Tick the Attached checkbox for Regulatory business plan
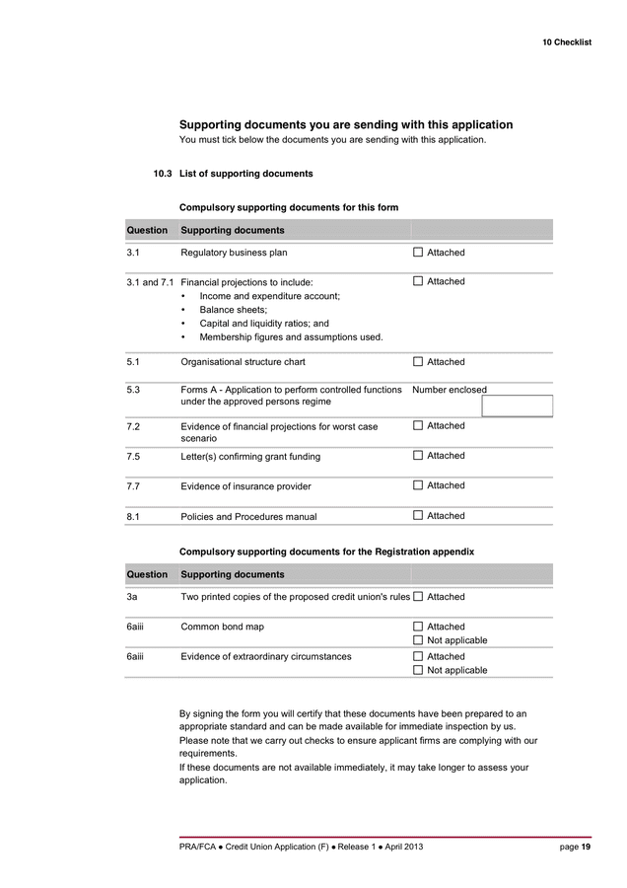pos(418,253)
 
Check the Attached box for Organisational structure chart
pos(418,362)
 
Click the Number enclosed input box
pos(517,406)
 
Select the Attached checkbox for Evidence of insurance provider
pos(418,485)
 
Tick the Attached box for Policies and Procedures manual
pos(418,515)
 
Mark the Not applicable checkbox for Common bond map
pos(418,640)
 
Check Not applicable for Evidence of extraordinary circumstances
pos(418,670)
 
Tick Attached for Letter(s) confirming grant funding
pos(418,456)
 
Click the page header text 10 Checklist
pos(566,42)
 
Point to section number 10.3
pos(162,174)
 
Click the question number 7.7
pos(133,486)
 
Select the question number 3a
pos(132,597)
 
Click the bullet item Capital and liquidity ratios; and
pos(263,324)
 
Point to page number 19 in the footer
pos(586,848)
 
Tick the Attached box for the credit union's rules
pos(418,597)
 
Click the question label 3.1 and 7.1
pos(150,282)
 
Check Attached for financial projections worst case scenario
pos(418,426)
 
